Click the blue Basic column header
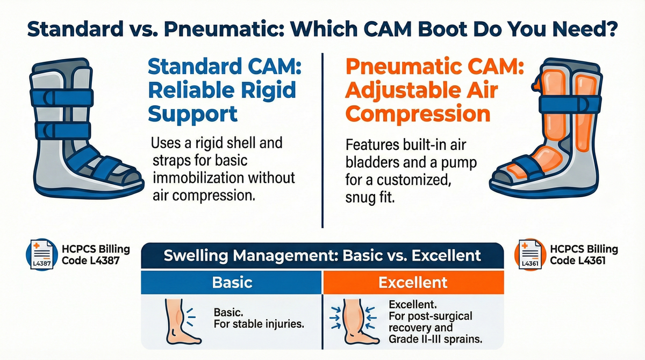click(x=232, y=282)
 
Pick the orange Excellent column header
click(x=412, y=282)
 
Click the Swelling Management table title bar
click(x=322, y=255)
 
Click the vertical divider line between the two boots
click(x=321, y=140)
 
